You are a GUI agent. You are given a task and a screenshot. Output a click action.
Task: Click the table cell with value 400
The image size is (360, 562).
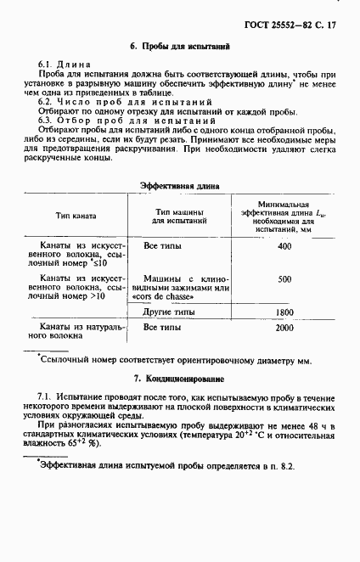click(284, 246)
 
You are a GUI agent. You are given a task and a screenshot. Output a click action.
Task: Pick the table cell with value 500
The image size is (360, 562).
click(284, 278)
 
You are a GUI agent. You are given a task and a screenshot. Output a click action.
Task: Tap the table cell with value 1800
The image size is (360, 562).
click(284, 312)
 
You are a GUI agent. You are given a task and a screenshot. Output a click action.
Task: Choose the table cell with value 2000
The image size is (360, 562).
click(284, 328)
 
